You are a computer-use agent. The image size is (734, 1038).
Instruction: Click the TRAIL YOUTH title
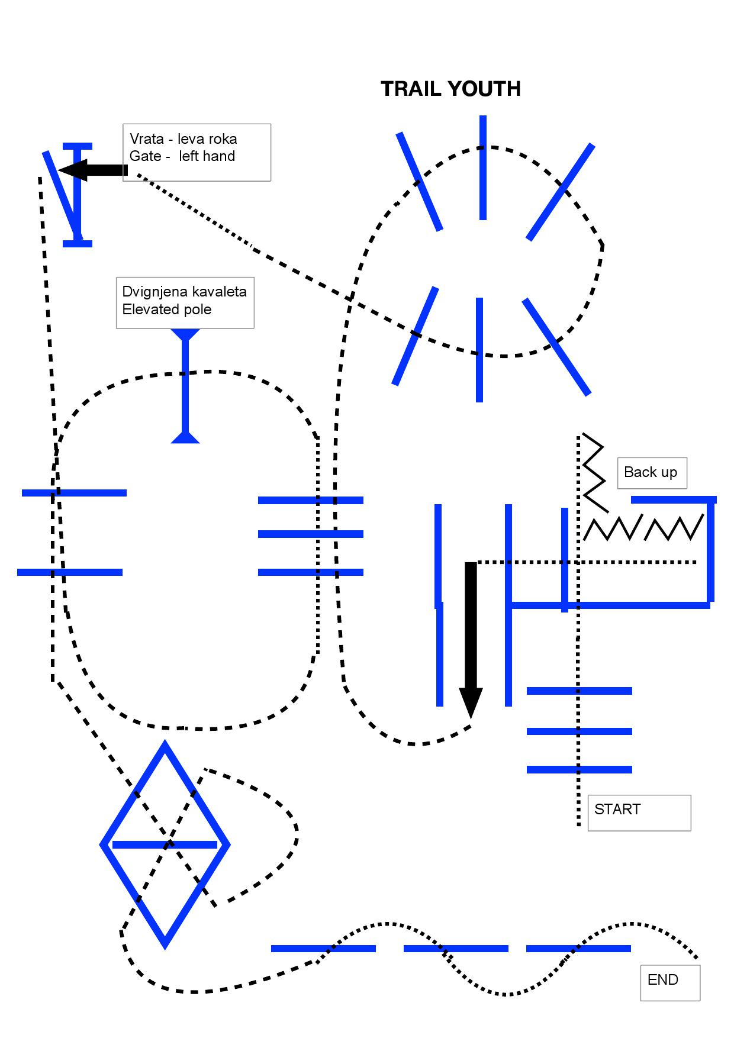(450, 89)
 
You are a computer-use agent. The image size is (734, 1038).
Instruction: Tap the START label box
(639, 813)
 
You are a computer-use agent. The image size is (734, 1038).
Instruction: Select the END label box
(670, 983)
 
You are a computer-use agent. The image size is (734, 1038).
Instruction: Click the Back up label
(652, 473)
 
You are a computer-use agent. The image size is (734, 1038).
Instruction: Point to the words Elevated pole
(167, 310)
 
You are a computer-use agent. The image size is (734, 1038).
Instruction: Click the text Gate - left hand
(182, 156)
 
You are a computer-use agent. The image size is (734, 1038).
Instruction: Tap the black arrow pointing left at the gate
(93, 170)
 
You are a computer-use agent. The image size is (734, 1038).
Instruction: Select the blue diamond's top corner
(165, 742)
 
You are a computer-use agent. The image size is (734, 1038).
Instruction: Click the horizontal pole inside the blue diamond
(165, 844)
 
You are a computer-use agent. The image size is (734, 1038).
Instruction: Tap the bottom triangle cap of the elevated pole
(185, 437)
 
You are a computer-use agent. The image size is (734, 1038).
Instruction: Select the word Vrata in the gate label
(147, 139)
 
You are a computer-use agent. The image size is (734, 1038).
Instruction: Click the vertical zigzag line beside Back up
(594, 473)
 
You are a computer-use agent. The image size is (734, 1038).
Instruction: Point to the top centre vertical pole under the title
(483, 167)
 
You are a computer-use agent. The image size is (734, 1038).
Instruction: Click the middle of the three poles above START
(580, 731)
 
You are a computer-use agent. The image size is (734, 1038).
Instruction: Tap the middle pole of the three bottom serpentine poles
(456, 949)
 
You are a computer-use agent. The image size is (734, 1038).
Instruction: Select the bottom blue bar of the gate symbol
(78, 243)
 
